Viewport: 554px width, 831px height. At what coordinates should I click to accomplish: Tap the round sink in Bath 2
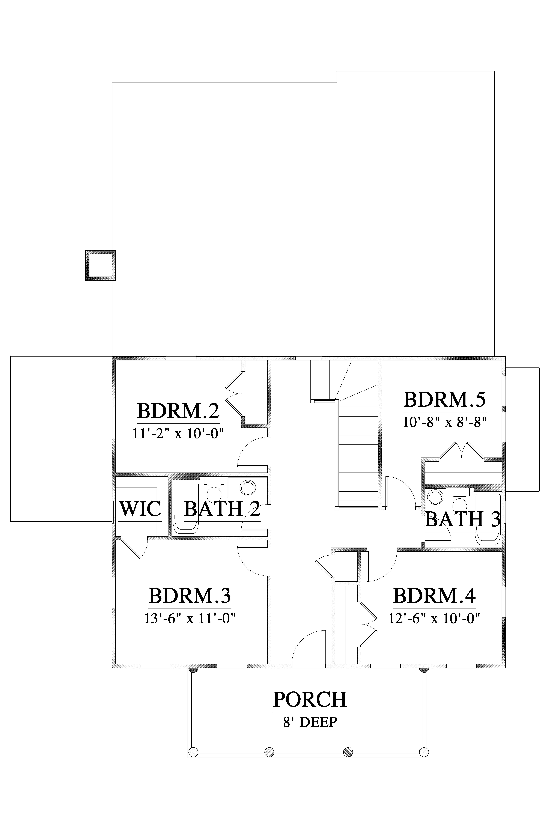[x=247, y=488]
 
